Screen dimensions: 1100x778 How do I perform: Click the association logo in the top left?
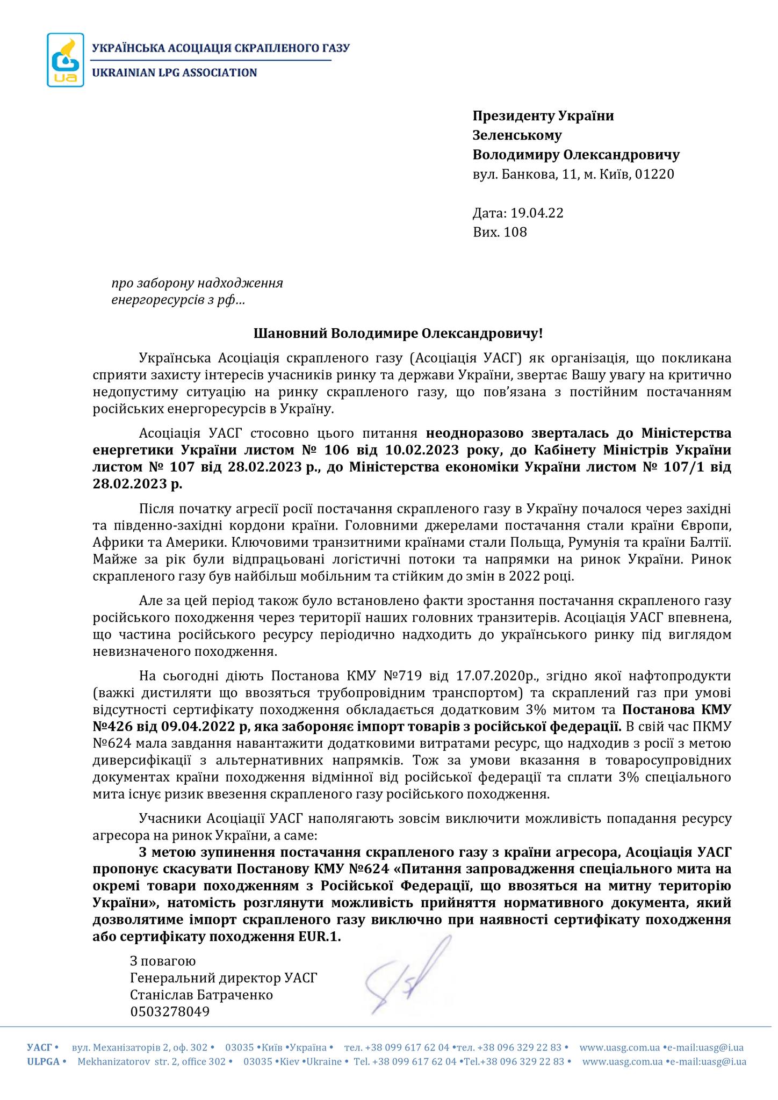pos(66,60)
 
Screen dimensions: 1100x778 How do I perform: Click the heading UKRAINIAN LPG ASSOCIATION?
pos(175,73)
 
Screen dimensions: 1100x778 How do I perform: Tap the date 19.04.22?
pos(537,213)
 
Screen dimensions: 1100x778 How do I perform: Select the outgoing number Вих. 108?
pos(500,232)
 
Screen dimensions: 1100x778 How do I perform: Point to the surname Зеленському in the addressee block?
pos(517,135)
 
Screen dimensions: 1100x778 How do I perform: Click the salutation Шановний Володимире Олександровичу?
pos(398,334)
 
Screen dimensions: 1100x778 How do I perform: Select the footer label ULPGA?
pos(43,1062)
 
